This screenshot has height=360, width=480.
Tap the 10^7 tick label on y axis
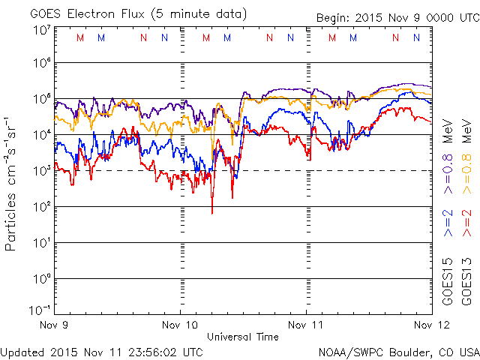(x=40, y=31)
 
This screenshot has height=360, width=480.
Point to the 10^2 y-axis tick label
(x=40, y=205)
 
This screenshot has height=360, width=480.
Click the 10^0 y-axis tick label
(x=40, y=277)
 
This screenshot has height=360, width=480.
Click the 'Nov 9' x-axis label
(x=56, y=325)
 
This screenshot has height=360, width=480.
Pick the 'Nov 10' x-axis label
(x=181, y=325)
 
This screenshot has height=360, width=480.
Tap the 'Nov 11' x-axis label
(x=307, y=325)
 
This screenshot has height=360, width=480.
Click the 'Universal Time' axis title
(x=243, y=337)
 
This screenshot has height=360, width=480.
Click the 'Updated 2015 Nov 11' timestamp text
(x=102, y=351)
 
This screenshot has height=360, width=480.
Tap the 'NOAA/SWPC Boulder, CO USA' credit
(x=398, y=351)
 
